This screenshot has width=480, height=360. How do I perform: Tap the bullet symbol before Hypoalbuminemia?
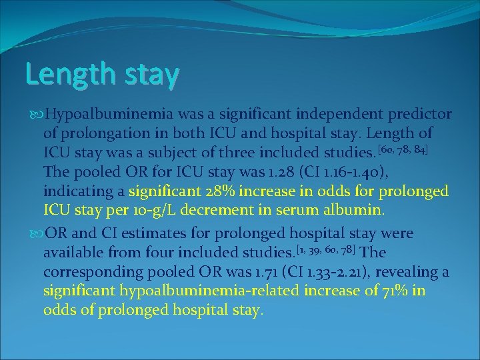[x=34, y=115]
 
